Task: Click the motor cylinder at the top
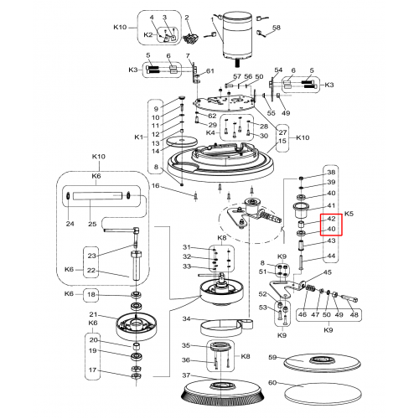237,36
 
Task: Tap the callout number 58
276,28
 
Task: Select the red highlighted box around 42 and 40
331,225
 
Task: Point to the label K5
349,214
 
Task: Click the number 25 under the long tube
92,224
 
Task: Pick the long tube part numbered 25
98,195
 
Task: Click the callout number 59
272,357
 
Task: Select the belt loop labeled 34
226,328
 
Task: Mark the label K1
139,137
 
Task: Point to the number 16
155,186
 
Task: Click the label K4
210,132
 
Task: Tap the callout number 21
93,314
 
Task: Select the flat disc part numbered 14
182,142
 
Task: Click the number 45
328,272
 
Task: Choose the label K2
148,35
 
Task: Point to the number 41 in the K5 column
331,205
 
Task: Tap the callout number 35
186,345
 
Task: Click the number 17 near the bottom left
93,370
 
